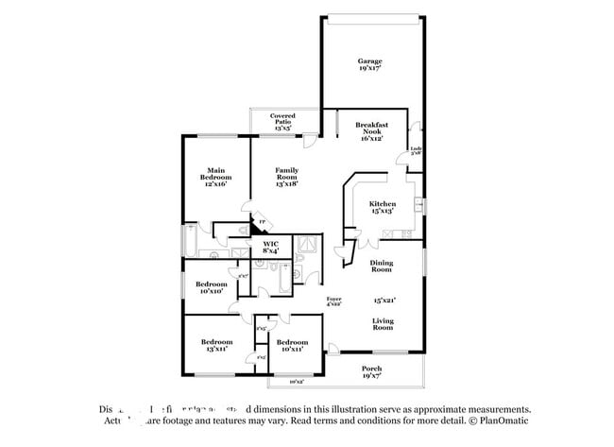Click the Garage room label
click(x=369, y=61)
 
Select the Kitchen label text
click(x=382, y=204)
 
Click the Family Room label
click(x=286, y=173)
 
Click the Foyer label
click(x=333, y=298)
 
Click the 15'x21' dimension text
click(x=384, y=301)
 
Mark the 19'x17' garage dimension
click(x=369, y=69)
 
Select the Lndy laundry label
click(x=416, y=148)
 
